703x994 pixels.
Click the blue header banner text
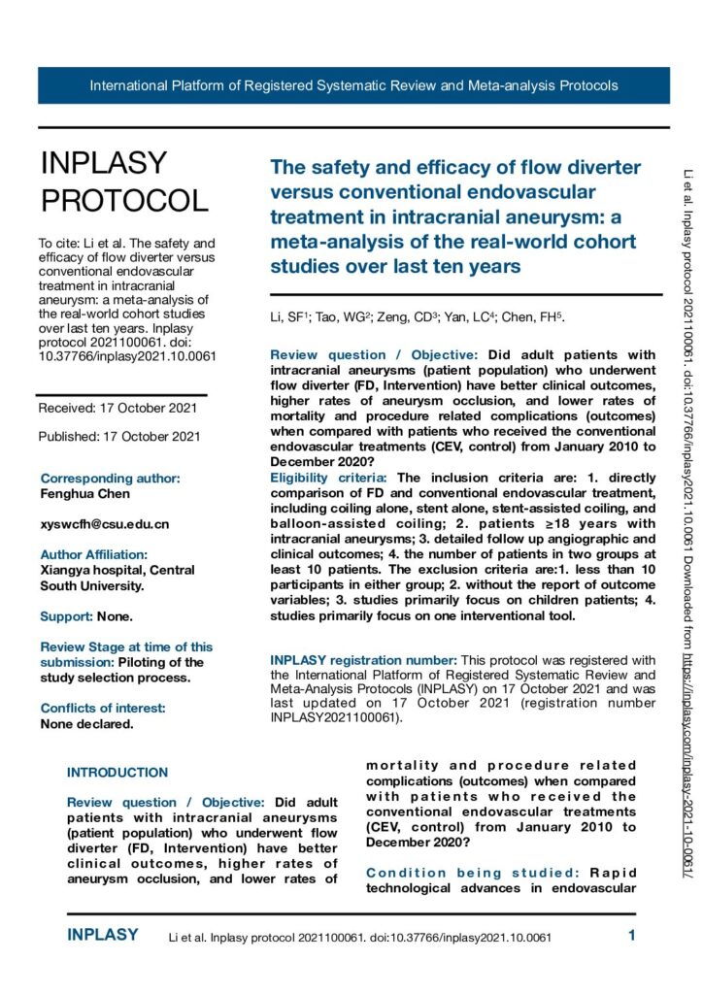(353, 85)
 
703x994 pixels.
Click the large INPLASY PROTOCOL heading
(123, 182)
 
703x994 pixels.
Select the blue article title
(453, 215)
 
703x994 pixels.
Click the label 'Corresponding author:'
(110, 479)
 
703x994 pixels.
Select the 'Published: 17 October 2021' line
(119, 437)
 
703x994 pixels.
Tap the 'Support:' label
(64, 616)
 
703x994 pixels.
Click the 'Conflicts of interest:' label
(103, 681)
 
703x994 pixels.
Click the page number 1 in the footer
(631, 937)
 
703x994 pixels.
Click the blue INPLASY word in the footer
(103, 936)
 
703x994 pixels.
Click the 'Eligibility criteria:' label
(330, 479)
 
